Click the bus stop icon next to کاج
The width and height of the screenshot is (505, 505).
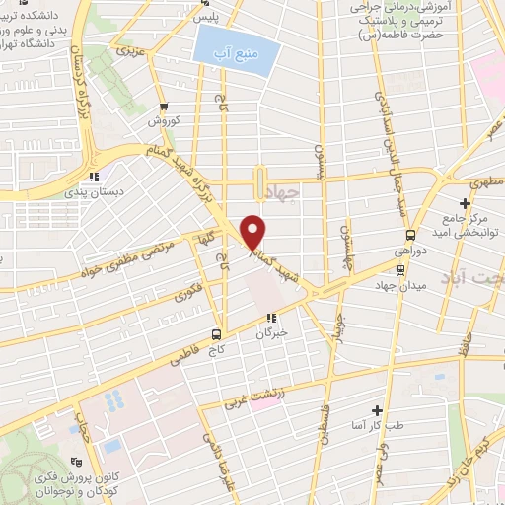217,334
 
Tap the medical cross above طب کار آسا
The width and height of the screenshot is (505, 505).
377,409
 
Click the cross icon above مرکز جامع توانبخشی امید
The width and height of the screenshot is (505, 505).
464,203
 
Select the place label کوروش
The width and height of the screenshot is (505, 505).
160,122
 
